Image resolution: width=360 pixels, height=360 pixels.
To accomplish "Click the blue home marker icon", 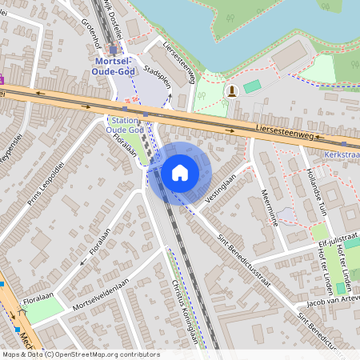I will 180,172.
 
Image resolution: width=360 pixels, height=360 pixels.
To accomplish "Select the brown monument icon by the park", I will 232,90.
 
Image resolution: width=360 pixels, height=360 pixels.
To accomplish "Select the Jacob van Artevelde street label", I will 329,304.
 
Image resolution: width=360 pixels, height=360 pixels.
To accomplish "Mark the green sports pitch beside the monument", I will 253,86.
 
